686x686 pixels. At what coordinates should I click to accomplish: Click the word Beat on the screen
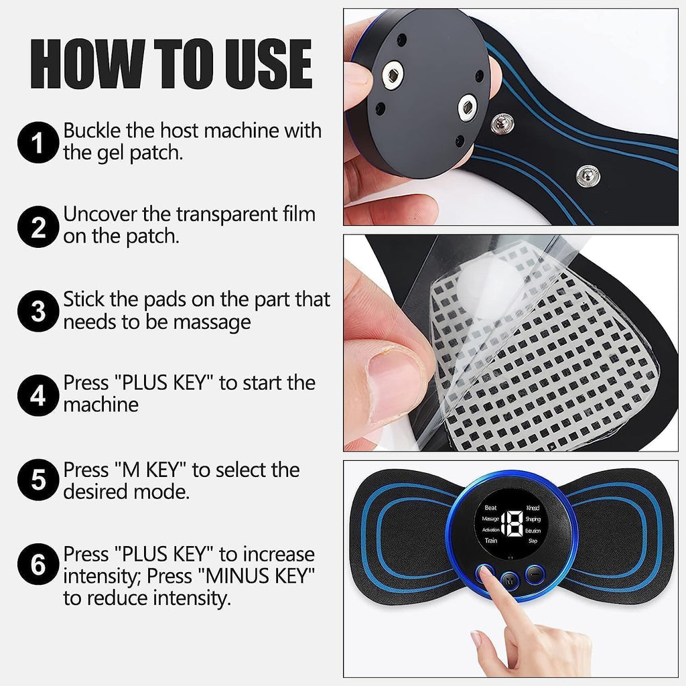(490, 508)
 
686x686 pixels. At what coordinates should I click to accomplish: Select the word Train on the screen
(491, 540)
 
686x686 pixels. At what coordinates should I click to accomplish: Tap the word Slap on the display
(533, 540)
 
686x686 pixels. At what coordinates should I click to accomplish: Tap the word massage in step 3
(212, 322)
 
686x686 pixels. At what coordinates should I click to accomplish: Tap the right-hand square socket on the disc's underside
(466, 108)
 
